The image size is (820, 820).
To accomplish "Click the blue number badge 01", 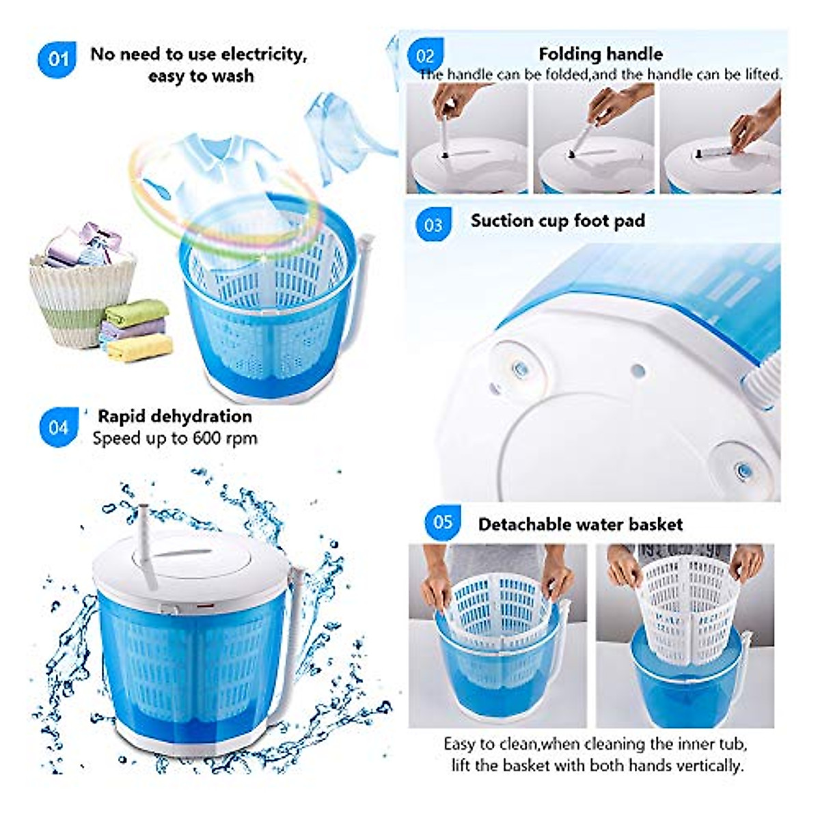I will click(x=57, y=59).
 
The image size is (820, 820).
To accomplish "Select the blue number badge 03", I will click(x=433, y=225).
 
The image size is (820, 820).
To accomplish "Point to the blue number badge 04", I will click(x=59, y=428).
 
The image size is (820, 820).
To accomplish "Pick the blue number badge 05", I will click(x=442, y=523).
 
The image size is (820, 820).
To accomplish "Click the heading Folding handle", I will click(x=600, y=54).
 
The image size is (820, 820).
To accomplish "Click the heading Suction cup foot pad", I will click(x=558, y=221).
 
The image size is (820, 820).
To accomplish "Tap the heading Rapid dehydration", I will click(x=174, y=416).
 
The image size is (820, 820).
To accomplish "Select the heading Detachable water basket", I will click(x=580, y=524).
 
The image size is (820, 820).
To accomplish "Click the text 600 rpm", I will click(x=225, y=438).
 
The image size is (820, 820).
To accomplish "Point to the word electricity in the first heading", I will click(x=264, y=54).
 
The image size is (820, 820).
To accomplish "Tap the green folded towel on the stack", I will click(x=137, y=313).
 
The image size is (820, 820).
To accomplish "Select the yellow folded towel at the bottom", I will click(x=140, y=349).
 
